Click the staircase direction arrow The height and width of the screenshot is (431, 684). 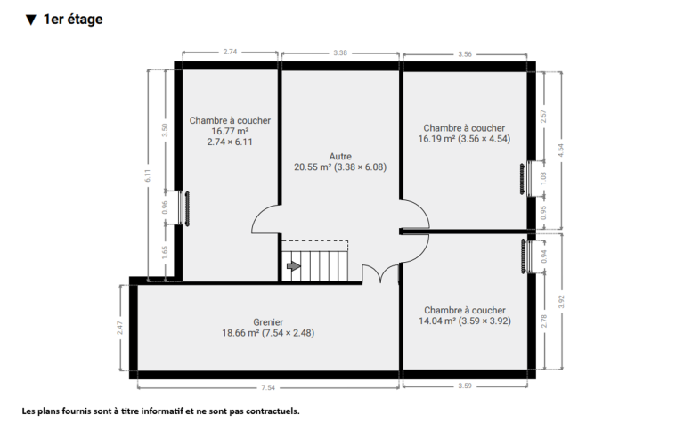point(294,265)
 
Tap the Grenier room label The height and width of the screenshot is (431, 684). point(268,322)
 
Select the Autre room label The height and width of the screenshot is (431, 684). point(340,156)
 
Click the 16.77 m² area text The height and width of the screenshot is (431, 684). point(230,131)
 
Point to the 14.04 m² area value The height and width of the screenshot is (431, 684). point(437,321)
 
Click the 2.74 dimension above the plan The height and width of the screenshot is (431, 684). point(230,52)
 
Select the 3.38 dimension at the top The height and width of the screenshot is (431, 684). point(340,53)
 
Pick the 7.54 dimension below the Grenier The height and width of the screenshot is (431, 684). point(268,387)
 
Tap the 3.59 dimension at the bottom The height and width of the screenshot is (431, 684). point(465,386)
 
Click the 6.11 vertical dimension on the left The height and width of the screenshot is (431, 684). point(148,175)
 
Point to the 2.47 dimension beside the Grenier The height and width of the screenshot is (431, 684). point(120,328)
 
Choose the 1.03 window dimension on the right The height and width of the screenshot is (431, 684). point(543,178)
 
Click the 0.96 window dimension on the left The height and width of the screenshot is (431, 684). point(165,207)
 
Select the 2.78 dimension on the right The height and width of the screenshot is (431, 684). point(544,321)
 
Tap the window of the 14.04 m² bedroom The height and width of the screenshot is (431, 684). point(526,256)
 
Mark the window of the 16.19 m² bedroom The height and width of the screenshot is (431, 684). point(526,179)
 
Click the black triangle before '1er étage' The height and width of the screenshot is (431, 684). point(30,20)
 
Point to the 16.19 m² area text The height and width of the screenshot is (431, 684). point(436,139)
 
